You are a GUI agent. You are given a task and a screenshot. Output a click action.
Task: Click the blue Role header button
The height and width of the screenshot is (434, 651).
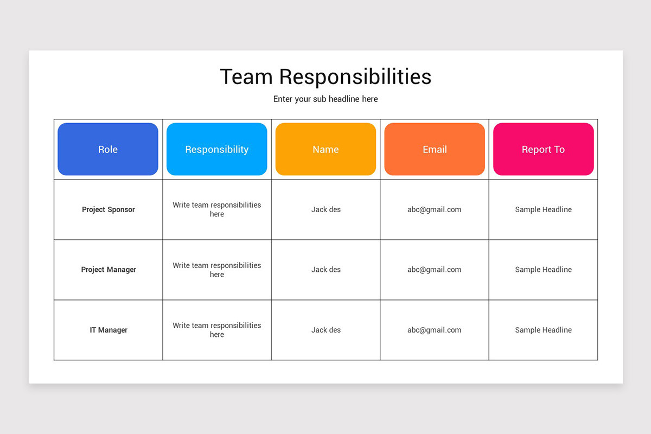pos(108,149)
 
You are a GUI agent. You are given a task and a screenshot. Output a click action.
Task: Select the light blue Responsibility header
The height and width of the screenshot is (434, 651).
pos(216,149)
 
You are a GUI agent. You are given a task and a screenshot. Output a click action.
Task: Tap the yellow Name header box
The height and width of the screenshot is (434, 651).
pos(325,149)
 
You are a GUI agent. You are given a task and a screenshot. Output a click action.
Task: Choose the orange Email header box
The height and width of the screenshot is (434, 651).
pos(435,149)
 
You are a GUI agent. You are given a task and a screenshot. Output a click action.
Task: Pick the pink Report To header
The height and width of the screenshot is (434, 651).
pos(543,149)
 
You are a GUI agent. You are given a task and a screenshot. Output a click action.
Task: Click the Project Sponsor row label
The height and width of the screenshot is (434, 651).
pos(108,209)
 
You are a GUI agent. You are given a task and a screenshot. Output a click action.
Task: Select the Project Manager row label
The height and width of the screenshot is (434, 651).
pos(108,270)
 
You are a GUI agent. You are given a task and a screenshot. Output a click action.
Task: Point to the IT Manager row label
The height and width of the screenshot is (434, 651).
pos(108,330)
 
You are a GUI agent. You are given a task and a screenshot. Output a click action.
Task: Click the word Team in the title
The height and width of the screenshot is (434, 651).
pos(246,76)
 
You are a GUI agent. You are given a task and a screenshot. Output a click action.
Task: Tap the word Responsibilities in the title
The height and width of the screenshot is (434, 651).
pos(355,76)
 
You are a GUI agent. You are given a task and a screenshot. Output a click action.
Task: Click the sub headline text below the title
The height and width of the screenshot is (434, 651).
pos(325,99)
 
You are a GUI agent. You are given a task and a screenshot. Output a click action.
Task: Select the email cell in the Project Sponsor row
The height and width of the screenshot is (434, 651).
pos(434,209)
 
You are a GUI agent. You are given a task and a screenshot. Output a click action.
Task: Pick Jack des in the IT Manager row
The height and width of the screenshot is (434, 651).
pos(326,330)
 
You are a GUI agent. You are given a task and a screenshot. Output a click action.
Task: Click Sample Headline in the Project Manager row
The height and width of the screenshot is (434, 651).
pos(543,270)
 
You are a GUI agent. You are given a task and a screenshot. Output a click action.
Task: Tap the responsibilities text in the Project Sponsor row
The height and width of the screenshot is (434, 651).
pos(216,209)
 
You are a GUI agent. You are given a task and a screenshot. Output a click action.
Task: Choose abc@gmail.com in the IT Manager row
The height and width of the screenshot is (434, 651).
pos(434,330)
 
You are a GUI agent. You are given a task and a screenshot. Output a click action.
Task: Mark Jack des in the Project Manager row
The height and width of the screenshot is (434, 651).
pos(326,270)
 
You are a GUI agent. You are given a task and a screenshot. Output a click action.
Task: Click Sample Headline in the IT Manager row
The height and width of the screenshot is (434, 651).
pos(543,330)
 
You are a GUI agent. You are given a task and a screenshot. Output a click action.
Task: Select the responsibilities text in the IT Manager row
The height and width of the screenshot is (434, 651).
pos(216,330)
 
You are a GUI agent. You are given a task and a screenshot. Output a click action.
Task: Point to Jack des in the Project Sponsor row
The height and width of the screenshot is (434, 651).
pos(326,209)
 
